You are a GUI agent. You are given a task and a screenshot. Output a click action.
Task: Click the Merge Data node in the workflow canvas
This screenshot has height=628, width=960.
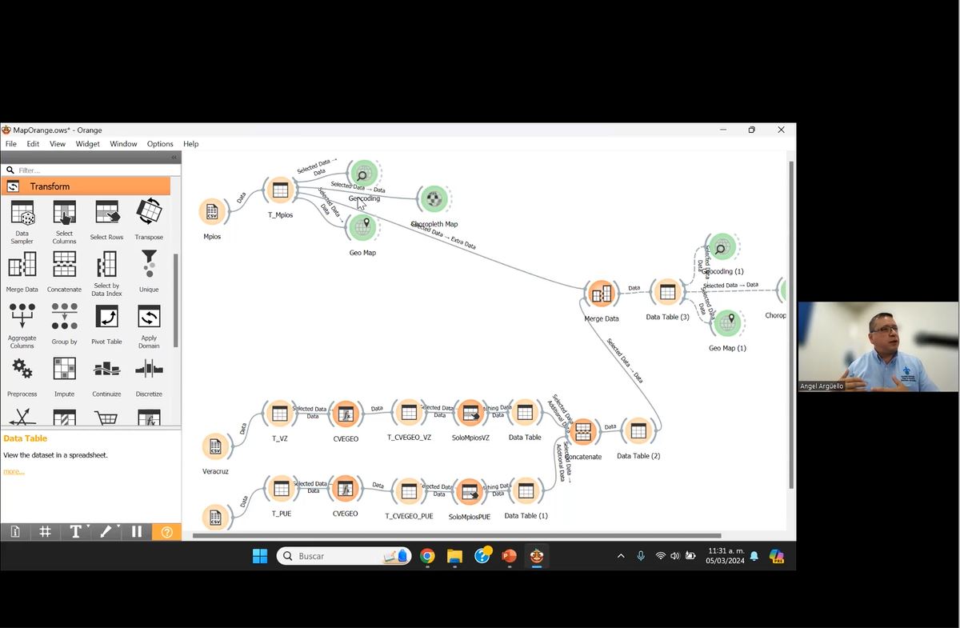coord(600,294)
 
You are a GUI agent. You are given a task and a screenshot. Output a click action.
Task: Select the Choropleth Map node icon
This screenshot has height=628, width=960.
coord(434,198)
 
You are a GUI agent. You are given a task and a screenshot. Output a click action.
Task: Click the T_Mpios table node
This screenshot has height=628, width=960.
coord(280,190)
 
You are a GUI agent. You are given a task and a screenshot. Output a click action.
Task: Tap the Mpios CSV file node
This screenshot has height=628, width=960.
coord(212,212)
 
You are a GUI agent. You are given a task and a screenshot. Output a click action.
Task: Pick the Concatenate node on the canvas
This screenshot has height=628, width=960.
coord(583,432)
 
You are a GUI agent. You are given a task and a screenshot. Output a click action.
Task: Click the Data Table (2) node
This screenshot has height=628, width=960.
coord(638,431)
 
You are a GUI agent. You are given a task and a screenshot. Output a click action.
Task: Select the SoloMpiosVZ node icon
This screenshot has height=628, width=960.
coord(470,413)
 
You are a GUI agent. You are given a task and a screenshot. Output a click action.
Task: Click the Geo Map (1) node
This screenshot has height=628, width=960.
coord(726,322)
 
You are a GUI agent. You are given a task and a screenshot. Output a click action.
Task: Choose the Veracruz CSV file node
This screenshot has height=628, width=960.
coord(214,447)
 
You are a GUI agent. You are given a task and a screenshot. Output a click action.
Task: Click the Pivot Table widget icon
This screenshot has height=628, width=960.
coord(106,318)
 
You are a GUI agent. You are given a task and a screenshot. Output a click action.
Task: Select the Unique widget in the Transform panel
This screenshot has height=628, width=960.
coord(149,266)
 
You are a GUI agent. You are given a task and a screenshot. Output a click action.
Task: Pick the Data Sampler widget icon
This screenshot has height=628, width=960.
coord(22,214)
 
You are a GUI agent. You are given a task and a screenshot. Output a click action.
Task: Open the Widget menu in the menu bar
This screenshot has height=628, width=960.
coord(87,144)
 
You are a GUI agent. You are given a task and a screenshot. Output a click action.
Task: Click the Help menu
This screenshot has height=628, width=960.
coord(190,144)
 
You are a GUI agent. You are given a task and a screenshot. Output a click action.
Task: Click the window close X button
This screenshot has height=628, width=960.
coord(781,130)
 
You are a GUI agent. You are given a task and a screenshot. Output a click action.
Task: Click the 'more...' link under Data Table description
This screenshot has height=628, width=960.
coord(14,471)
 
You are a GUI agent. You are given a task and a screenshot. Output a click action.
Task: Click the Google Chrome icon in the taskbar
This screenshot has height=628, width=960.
coord(427,556)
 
